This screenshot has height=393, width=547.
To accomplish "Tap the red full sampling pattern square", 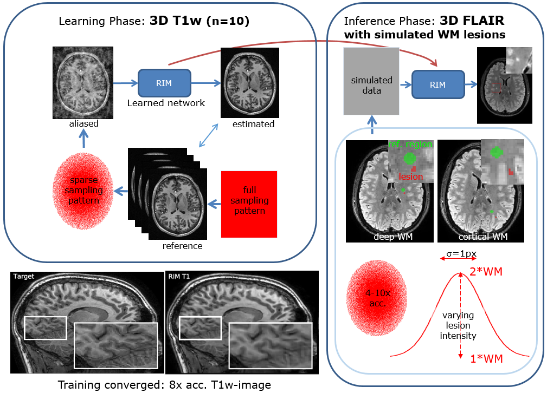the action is click(x=249, y=204).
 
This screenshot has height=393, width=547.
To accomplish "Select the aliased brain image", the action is click(x=83, y=82).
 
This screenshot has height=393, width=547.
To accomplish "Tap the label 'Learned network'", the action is click(x=166, y=102).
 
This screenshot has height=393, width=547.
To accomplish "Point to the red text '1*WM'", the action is click(x=486, y=358).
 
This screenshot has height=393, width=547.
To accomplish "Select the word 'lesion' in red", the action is click(x=410, y=176).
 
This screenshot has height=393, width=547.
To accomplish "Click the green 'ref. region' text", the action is click(x=411, y=145).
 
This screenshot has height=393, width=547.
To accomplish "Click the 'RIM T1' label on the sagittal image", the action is click(x=181, y=276).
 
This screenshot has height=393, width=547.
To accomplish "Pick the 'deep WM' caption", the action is click(x=389, y=237).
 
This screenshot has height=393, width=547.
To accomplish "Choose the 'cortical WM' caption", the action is click(x=480, y=237).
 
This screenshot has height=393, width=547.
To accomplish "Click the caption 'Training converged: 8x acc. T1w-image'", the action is click(x=164, y=384).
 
